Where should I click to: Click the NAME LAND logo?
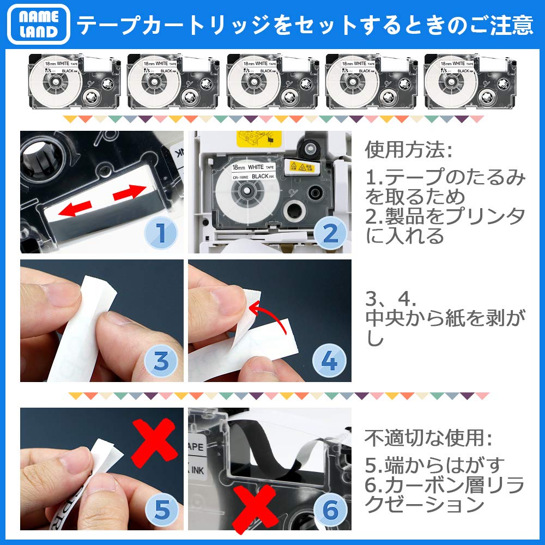39,24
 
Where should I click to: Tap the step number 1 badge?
160,233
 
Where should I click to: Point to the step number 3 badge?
160,362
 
